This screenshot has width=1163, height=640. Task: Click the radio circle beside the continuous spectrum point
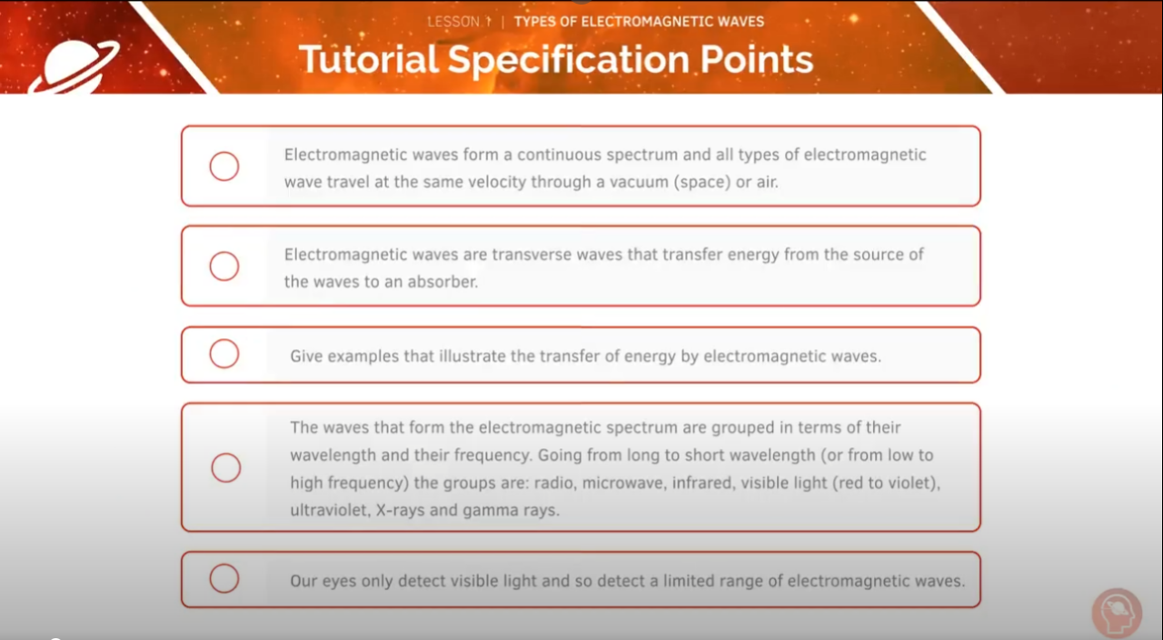(224, 166)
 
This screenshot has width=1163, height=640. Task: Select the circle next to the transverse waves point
(224, 266)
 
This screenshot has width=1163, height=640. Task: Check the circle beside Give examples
(224, 354)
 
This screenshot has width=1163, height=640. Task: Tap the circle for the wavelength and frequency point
(226, 467)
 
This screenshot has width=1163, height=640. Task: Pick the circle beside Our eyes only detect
(224, 578)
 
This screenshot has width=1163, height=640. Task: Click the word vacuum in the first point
(638, 182)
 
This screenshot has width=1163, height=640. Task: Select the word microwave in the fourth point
(622, 483)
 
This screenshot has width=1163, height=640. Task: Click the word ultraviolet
(329, 510)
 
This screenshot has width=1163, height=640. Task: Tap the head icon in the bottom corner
(1116, 613)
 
